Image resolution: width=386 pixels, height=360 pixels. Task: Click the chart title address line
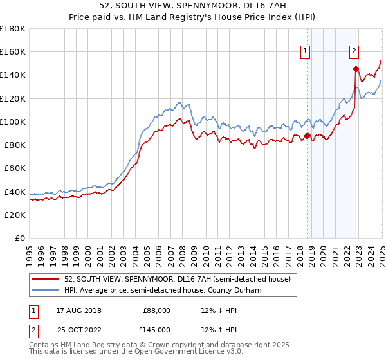coord(193,6)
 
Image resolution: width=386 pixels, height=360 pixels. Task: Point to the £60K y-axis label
coord(15,168)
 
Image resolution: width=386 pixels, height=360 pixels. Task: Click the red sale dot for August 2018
coord(308,136)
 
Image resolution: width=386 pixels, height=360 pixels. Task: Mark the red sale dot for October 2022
coord(356,69)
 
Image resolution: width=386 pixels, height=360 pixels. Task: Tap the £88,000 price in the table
coord(156,310)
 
